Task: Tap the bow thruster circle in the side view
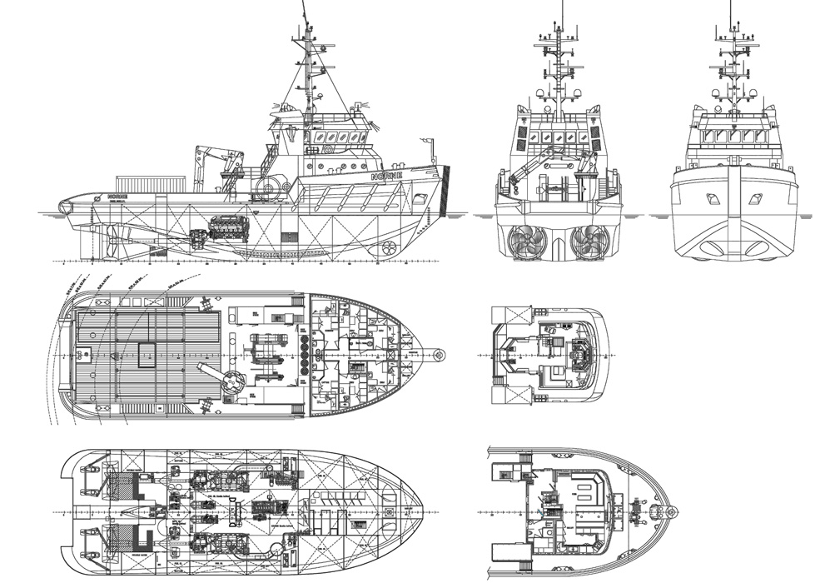click(388, 247)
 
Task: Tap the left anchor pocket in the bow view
click(713, 198)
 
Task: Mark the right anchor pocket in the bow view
click(755, 198)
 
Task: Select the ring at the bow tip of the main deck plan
click(440, 355)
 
